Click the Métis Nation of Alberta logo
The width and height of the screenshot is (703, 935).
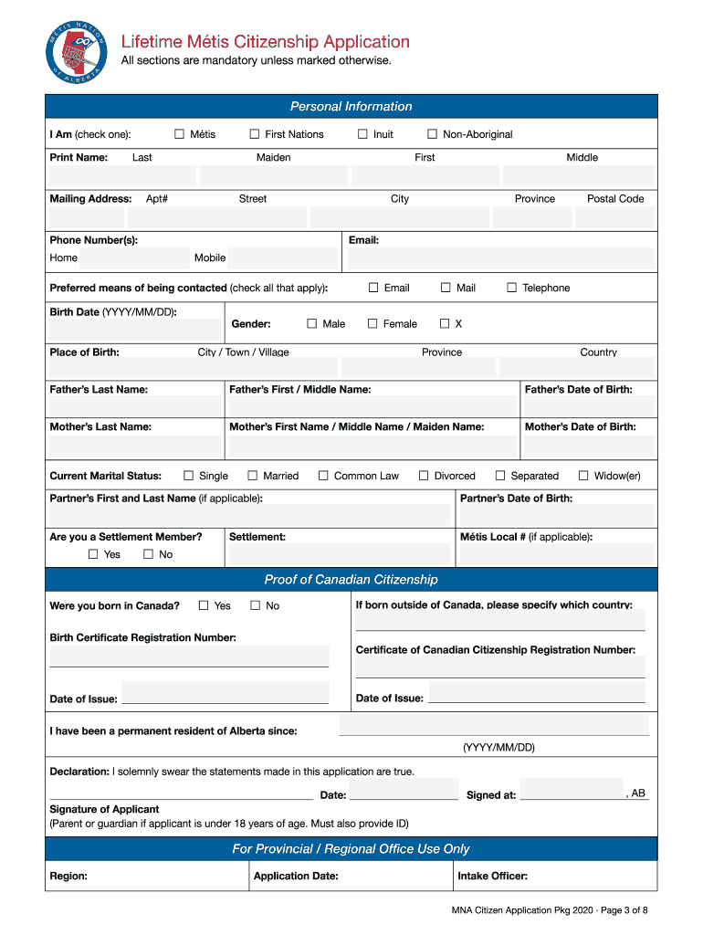pos(77,51)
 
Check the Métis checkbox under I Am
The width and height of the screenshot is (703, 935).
pos(180,134)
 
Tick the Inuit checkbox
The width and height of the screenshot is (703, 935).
pos(362,134)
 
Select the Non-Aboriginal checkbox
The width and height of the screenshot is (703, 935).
pos(433,134)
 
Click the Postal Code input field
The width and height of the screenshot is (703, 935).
pos(614,217)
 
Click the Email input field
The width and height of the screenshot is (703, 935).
pos(499,258)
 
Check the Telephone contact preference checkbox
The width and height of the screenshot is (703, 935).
pos(512,288)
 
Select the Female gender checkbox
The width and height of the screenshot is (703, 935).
pos(372,323)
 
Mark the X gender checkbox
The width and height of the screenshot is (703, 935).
pos(445,323)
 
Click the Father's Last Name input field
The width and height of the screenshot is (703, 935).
pos(134,406)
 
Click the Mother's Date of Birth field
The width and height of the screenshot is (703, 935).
pos(587,446)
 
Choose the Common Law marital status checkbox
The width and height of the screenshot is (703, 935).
pos(323,476)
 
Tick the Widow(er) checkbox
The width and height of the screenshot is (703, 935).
pos(583,476)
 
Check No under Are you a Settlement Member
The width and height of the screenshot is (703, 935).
pos(148,554)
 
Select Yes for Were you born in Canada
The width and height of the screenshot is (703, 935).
pos(204,605)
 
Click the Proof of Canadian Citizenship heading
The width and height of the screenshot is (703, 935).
pos(351,580)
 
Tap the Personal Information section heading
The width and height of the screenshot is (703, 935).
pos(351,107)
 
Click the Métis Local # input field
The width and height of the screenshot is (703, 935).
pos(556,554)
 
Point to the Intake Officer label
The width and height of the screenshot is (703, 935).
pos(492,877)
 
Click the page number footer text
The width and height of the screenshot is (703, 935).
pos(549,910)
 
